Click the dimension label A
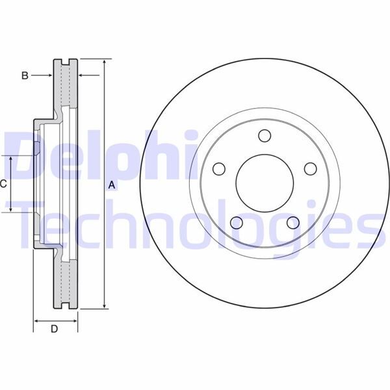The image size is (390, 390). pos(111,186)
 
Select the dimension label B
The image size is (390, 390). pos(25,76)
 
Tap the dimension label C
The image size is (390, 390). pos(3,184)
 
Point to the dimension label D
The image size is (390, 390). pos(55,329)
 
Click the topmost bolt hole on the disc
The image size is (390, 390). pos(264,135)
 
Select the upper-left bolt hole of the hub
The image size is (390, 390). pos(219,168)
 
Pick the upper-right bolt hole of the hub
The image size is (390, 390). pos(309,168)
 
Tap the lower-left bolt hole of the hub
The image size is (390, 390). pos(237,223)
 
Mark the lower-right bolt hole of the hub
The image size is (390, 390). pos(292,223)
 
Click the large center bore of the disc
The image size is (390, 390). pos(264,183)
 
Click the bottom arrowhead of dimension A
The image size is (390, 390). pos(104,305)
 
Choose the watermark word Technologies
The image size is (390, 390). pos(195,224)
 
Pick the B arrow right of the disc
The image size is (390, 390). pos(83,76)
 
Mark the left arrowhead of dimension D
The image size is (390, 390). pos(36,320)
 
